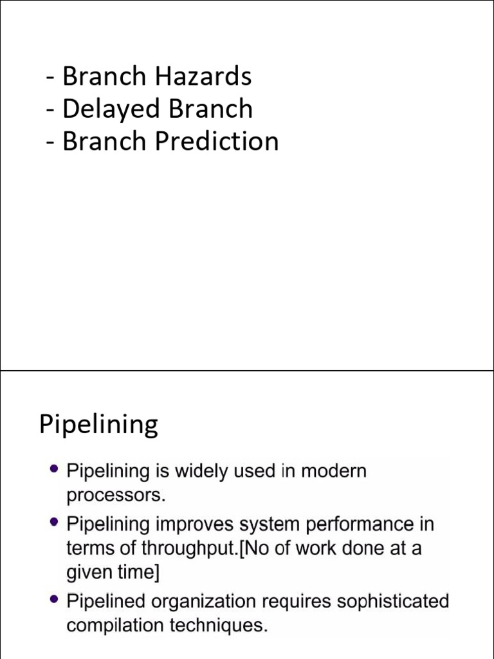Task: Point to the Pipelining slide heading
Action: click(98, 425)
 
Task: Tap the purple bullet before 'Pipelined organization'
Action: click(53, 600)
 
